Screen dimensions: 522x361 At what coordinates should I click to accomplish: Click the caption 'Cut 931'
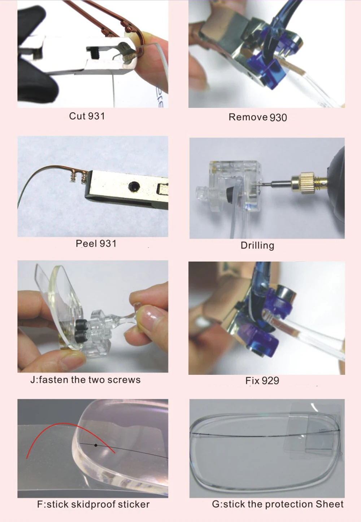[87, 116]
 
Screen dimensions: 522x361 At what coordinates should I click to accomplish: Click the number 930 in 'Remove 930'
[278, 118]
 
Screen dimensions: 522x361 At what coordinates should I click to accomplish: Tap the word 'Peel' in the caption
[86, 244]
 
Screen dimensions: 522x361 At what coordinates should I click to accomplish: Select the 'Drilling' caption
[257, 245]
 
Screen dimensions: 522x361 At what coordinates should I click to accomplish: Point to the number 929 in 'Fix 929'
[270, 381]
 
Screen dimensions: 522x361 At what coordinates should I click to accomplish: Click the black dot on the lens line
[96, 445]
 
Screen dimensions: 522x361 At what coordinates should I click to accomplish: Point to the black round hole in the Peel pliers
[134, 187]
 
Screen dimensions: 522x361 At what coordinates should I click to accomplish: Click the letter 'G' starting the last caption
[215, 504]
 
